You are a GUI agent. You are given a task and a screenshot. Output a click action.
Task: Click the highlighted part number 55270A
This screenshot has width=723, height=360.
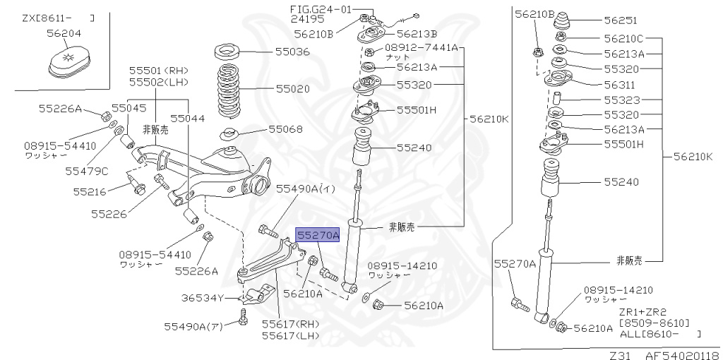pyautogui.click(x=318, y=235)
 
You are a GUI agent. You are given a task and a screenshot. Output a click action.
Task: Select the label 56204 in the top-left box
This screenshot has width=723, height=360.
pyautogui.click(x=64, y=32)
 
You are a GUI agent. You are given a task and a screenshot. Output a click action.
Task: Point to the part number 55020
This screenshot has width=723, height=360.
pyautogui.click(x=292, y=90)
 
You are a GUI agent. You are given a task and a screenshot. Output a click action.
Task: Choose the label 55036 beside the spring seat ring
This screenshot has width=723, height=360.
pyautogui.click(x=292, y=52)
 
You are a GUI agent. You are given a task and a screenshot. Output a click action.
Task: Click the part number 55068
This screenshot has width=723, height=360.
pyautogui.click(x=285, y=129)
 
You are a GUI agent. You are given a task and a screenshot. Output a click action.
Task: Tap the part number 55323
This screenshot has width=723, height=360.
pyautogui.click(x=620, y=100)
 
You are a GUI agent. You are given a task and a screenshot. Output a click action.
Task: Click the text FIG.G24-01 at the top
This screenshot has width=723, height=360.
pyautogui.click(x=321, y=9)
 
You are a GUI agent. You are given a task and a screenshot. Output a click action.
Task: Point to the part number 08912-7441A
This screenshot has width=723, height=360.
pyautogui.click(x=421, y=48)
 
